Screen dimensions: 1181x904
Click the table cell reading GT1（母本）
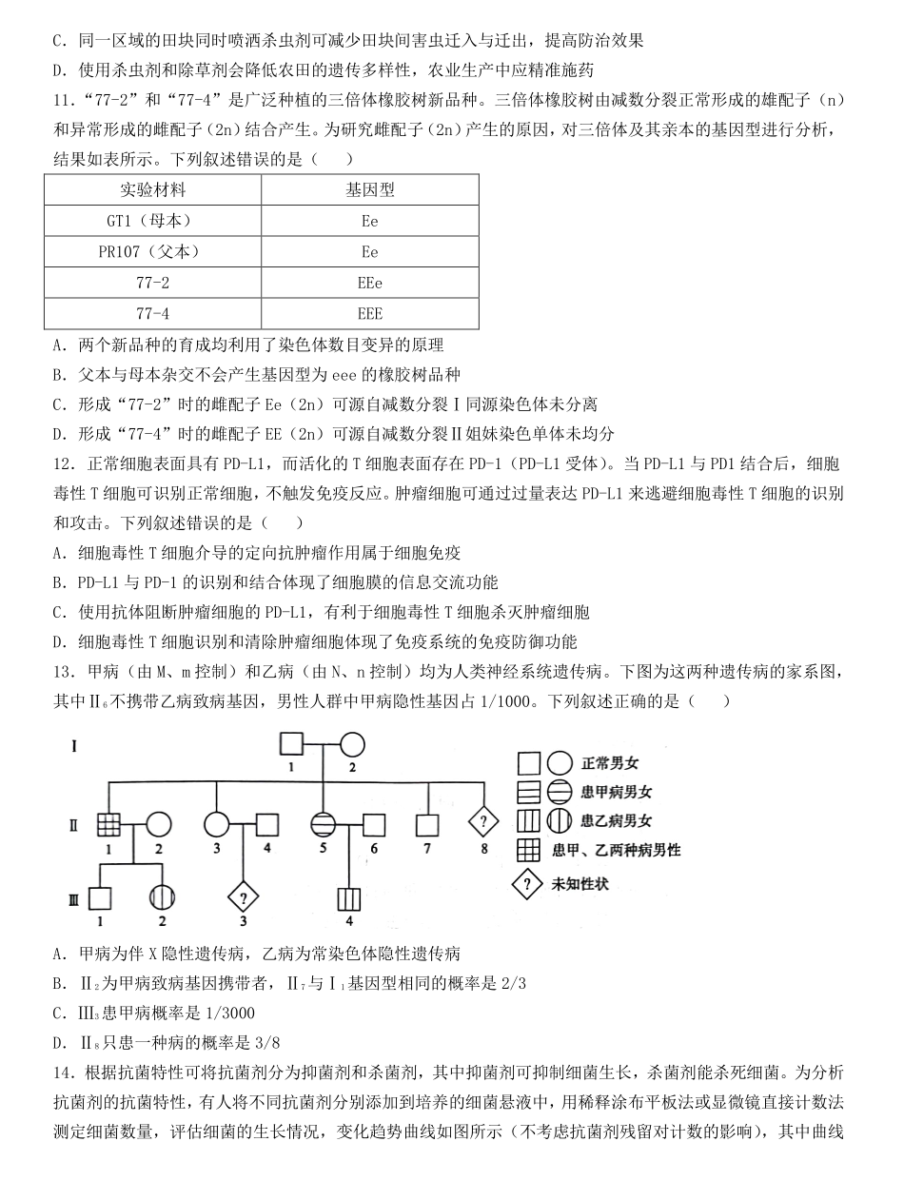pos(151,220)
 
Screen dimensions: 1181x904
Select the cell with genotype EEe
pos(369,283)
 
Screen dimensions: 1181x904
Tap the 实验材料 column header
pos(151,189)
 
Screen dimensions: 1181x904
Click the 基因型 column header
pos(369,189)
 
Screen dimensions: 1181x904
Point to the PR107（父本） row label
pos(151,251)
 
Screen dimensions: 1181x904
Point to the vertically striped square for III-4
pos(349,898)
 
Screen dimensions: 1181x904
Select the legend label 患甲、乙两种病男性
pos(616,850)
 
